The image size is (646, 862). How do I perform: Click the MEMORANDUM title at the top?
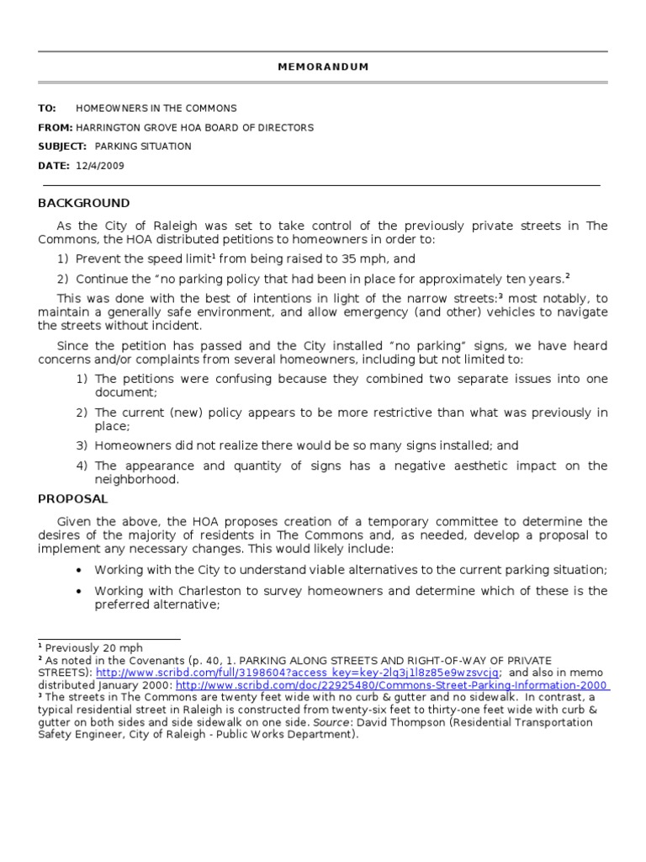click(323, 67)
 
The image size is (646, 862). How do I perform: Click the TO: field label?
click(47, 109)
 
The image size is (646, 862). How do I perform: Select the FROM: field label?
click(55, 128)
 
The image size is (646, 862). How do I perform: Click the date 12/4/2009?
click(100, 166)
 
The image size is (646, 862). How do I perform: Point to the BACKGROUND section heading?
click(84, 203)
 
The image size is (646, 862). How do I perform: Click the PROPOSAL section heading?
click(73, 499)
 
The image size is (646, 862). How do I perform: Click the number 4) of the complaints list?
click(82, 466)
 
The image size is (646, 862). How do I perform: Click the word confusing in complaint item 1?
click(238, 379)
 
